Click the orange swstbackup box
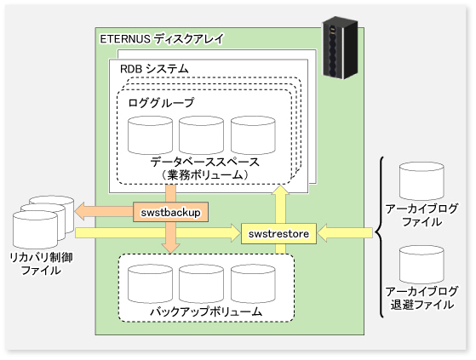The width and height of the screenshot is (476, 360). (x=170, y=212)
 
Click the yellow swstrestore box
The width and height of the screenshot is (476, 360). (x=278, y=233)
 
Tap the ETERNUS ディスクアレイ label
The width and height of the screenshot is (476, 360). (x=162, y=39)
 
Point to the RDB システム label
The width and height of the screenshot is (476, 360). (x=154, y=69)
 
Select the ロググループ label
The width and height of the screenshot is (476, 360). (x=161, y=102)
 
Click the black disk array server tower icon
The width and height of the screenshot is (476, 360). (x=340, y=48)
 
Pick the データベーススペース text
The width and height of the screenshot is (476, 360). (x=205, y=162)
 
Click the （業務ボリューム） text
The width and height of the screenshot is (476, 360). (x=205, y=175)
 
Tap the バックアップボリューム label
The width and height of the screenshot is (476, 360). (x=206, y=311)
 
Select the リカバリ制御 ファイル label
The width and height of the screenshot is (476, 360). (x=41, y=264)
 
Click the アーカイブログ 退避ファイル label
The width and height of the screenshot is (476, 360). (x=422, y=298)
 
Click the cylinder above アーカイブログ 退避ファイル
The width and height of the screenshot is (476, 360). (x=422, y=265)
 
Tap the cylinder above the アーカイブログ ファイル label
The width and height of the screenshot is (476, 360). (x=422, y=180)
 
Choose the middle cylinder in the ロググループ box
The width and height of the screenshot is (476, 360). (x=201, y=135)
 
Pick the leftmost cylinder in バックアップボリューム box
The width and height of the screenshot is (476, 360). (x=150, y=283)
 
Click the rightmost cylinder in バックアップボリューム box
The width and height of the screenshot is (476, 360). (x=253, y=283)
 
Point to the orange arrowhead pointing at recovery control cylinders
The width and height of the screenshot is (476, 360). (x=79, y=211)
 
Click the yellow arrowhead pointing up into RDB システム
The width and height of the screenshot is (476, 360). (x=280, y=190)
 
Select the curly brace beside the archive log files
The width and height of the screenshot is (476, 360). (x=380, y=237)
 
